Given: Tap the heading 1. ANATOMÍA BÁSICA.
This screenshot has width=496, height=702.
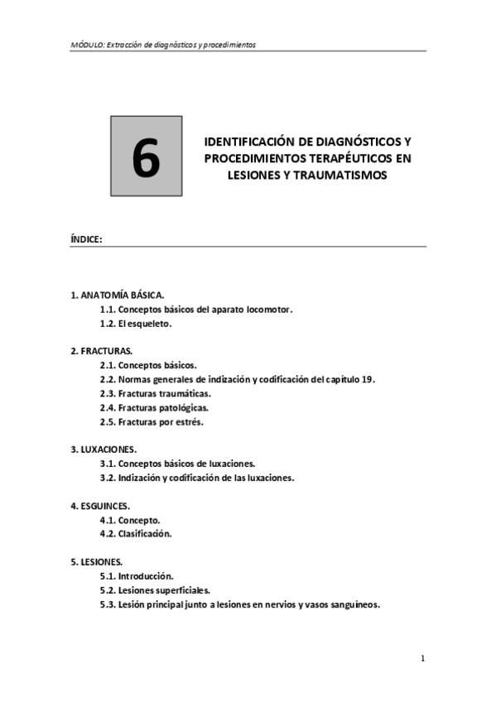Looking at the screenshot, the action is tap(118, 294).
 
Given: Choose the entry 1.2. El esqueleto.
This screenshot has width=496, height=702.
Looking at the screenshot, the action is tap(135, 324).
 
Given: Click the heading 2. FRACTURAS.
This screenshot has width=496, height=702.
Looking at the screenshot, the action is tap(102, 351).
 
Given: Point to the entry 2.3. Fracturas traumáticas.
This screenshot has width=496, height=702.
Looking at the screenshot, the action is tap(155, 393).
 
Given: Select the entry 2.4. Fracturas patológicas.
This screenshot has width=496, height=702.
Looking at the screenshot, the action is tap(153, 407).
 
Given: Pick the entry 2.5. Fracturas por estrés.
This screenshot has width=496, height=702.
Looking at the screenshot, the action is tap(151, 421).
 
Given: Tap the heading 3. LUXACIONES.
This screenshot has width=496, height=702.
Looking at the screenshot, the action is tap(104, 450).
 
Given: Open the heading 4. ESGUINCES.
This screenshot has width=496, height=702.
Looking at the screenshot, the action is tap(101, 505).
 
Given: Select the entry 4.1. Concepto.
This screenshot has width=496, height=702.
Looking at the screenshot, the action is tap(130, 520).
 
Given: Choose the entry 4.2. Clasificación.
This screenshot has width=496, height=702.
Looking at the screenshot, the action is tap(135, 534).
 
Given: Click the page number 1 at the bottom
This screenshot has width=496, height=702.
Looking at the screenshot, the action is tap(422, 659).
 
